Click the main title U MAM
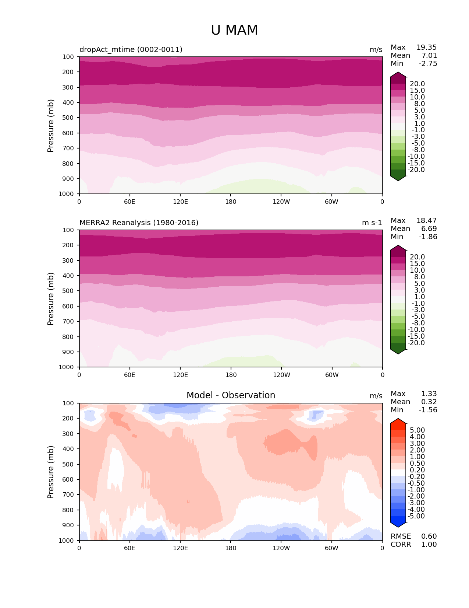(x=234, y=30)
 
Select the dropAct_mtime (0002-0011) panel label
(x=131, y=50)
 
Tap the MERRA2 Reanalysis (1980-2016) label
(x=139, y=223)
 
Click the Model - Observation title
(x=231, y=395)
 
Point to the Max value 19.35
(x=426, y=48)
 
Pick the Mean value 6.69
(x=429, y=229)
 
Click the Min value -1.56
(x=428, y=410)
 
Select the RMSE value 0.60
(x=429, y=537)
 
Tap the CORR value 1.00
(x=429, y=545)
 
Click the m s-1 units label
(x=372, y=223)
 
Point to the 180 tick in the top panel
(x=231, y=202)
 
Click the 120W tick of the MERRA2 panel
(x=281, y=375)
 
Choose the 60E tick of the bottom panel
(x=129, y=548)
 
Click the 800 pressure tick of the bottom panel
(x=69, y=510)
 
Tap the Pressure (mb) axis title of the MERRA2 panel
(x=51, y=299)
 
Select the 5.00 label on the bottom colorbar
(x=417, y=430)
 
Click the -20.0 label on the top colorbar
(x=417, y=170)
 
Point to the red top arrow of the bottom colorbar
(x=398, y=422)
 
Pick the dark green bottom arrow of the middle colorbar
(x=398, y=351)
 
